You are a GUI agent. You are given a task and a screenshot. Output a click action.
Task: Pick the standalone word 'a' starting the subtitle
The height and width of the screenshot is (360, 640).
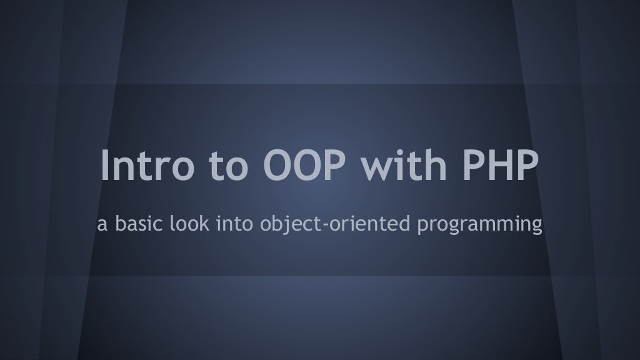(101, 222)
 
